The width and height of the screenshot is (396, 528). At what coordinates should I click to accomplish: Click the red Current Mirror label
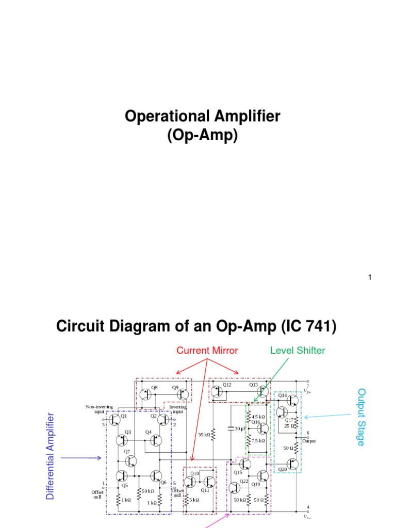click(207, 351)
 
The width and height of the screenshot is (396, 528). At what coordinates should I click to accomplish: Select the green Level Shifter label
click(298, 351)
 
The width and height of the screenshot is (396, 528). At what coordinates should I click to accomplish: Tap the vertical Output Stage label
click(361, 417)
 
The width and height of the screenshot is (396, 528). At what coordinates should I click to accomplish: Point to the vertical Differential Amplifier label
click(50, 456)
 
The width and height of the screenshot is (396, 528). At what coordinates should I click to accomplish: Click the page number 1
click(370, 278)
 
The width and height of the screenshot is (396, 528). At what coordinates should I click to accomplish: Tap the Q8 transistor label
click(154, 387)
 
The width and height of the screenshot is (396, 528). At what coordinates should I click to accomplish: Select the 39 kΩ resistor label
click(204, 435)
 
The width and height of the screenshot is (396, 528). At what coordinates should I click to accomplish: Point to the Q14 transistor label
click(283, 395)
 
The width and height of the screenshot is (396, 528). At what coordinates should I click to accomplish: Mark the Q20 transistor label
click(283, 469)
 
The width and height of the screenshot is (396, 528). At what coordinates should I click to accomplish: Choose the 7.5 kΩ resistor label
click(258, 441)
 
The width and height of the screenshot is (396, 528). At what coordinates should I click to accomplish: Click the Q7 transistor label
click(126, 452)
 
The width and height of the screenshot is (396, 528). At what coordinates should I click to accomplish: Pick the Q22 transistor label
click(244, 482)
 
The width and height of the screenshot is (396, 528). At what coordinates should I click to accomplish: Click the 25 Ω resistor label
click(289, 426)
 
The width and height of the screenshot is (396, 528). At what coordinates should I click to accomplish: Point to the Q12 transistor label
click(227, 385)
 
